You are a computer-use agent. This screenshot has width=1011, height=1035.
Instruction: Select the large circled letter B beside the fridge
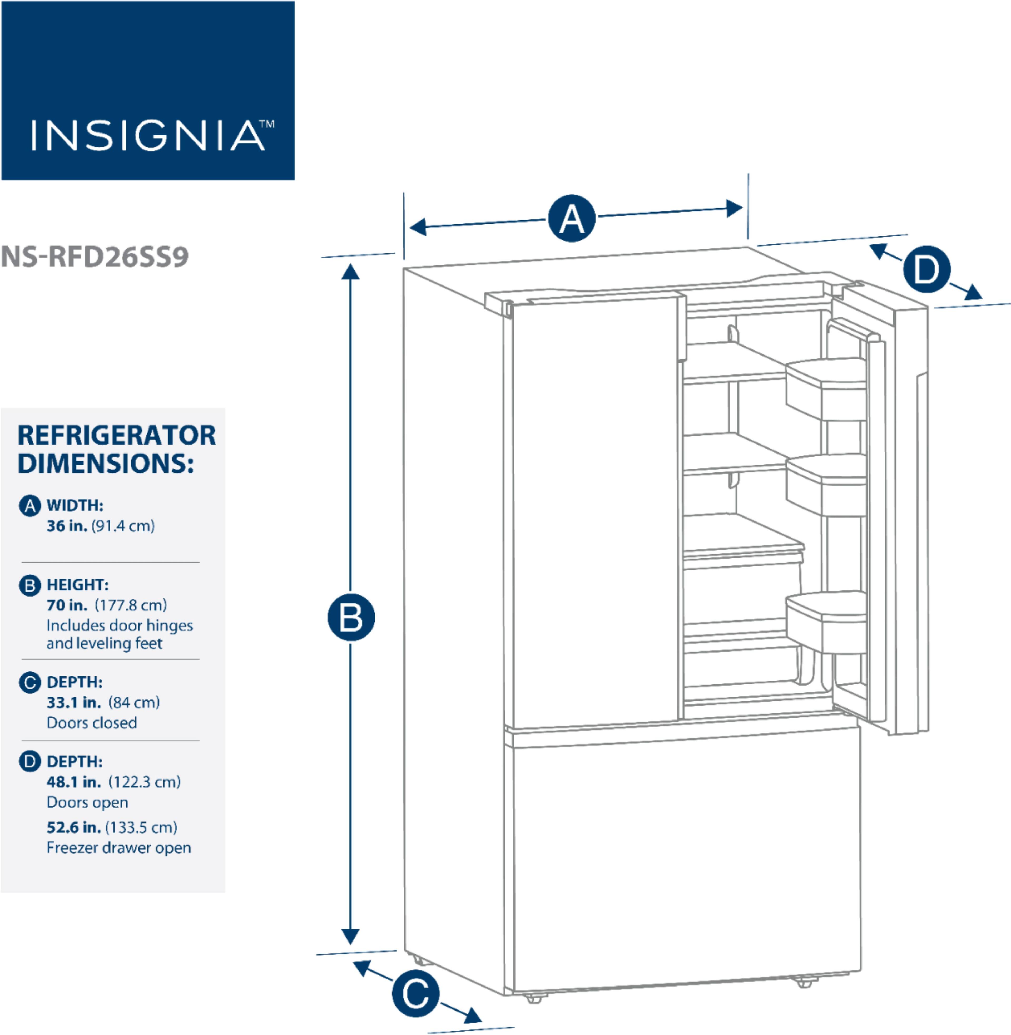(x=351, y=618)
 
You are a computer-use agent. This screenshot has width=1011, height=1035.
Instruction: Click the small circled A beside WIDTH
(x=30, y=506)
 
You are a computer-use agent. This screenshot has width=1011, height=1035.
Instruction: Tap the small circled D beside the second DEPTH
(x=30, y=762)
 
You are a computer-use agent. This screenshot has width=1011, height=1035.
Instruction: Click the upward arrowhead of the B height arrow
(x=350, y=272)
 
